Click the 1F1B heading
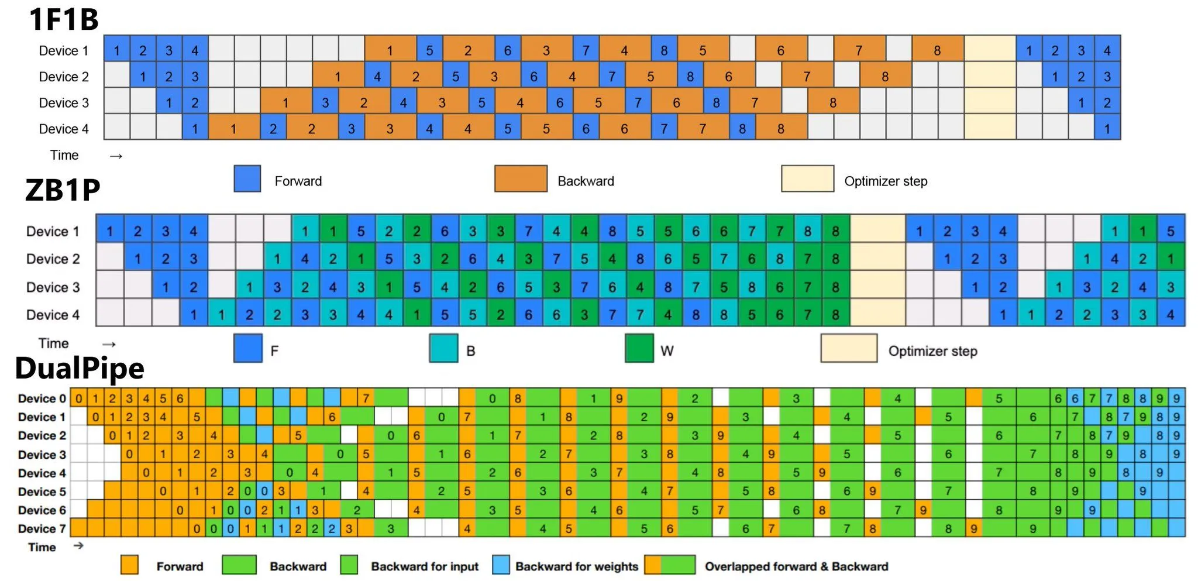pyautogui.click(x=64, y=19)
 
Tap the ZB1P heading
pyautogui.click(x=63, y=190)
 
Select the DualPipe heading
pyautogui.click(x=80, y=368)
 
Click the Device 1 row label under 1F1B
pyautogui.click(x=63, y=51)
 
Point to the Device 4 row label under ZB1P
pyautogui.click(x=53, y=315)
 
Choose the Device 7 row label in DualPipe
pyautogui.click(x=42, y=529)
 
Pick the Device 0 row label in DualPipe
pyautogui.click(x=42, y=398)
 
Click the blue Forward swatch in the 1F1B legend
pyautogui.click(x=247, y=179)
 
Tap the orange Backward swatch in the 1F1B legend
pyautogui.click(x=521, y=179)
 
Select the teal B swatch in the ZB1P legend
pyautogui.click(x=443, y=349)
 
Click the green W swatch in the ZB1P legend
pyautogui.click(x=639, y=349)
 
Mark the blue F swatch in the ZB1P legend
pyautogui.click(x=247, y=349)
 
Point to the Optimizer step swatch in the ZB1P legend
pyautogui.click(x=848, y=349)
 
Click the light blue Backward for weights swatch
pyautogui.click(x=501, y=565)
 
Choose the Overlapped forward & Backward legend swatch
pyautogui.click(x=670, y=565)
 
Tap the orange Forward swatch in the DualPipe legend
pyautogui.click(x=129, y=565)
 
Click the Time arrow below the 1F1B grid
pyautogui.click(x=116, y=156)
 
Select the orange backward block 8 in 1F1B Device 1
pyautogui.click(x=937, y=51)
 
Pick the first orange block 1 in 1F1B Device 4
pyautogui.click(x=233, y=129)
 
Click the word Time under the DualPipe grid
pyautogui.click(x=42, y=548)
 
